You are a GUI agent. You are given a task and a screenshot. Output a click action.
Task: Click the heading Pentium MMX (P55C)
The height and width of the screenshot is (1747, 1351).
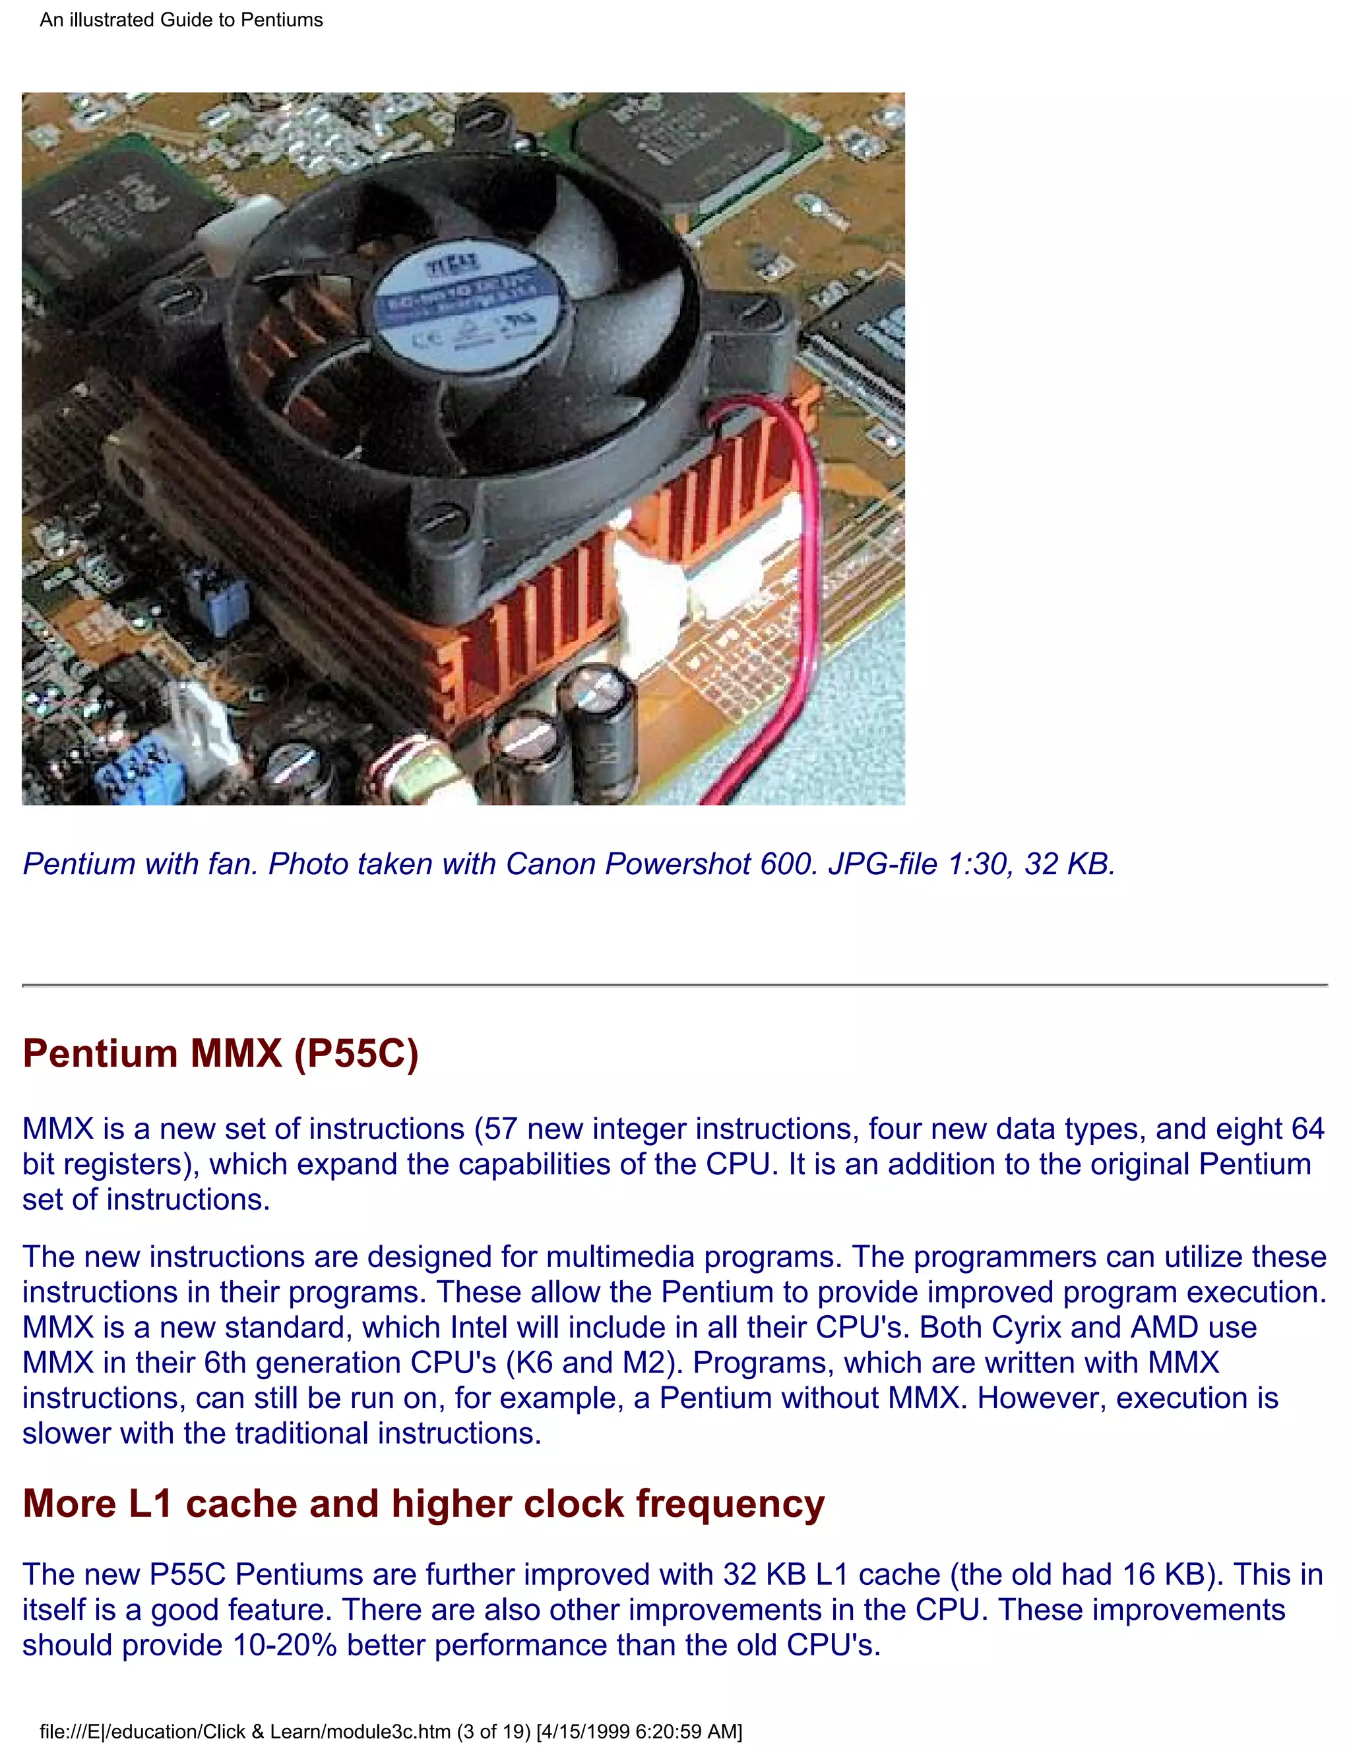[x=220, y=1053]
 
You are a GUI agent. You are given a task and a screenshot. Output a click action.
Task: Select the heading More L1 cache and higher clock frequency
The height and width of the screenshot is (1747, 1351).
[x=423, y=1504]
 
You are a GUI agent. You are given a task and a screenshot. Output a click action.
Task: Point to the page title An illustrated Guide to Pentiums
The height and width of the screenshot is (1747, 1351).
[x=181, y=20]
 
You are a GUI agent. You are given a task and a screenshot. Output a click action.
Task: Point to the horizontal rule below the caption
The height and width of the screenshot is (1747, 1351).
[x=675, y=986]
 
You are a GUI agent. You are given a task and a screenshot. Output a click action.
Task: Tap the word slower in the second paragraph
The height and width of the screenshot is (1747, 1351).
[x=67, y=1433]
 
